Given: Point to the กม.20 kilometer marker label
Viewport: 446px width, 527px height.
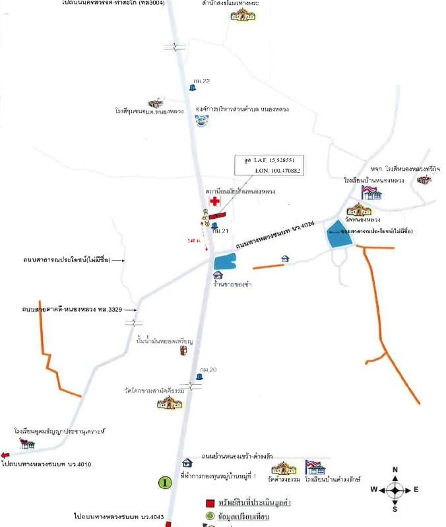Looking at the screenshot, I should click(x=208, y=370).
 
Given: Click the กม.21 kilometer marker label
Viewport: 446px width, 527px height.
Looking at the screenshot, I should click(x=219, y=232).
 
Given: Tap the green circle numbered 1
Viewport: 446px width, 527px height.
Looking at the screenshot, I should click(x=165, y=483).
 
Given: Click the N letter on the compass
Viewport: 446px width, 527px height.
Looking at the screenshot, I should click(x=395, y=470).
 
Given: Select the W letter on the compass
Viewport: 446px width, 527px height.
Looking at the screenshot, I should click(x=373, y=489).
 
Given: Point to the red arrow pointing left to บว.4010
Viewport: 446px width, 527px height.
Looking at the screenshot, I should click(x=5, y=455).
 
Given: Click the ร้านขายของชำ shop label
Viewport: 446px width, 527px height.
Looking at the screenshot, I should click(x=230, y=284).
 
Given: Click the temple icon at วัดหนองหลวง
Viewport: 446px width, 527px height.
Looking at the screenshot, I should click(x=358, y=209).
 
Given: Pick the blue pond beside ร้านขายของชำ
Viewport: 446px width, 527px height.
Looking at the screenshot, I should click(x=224, y=262).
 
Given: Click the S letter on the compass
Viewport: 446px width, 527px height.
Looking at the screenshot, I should click(x=395, y=509).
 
